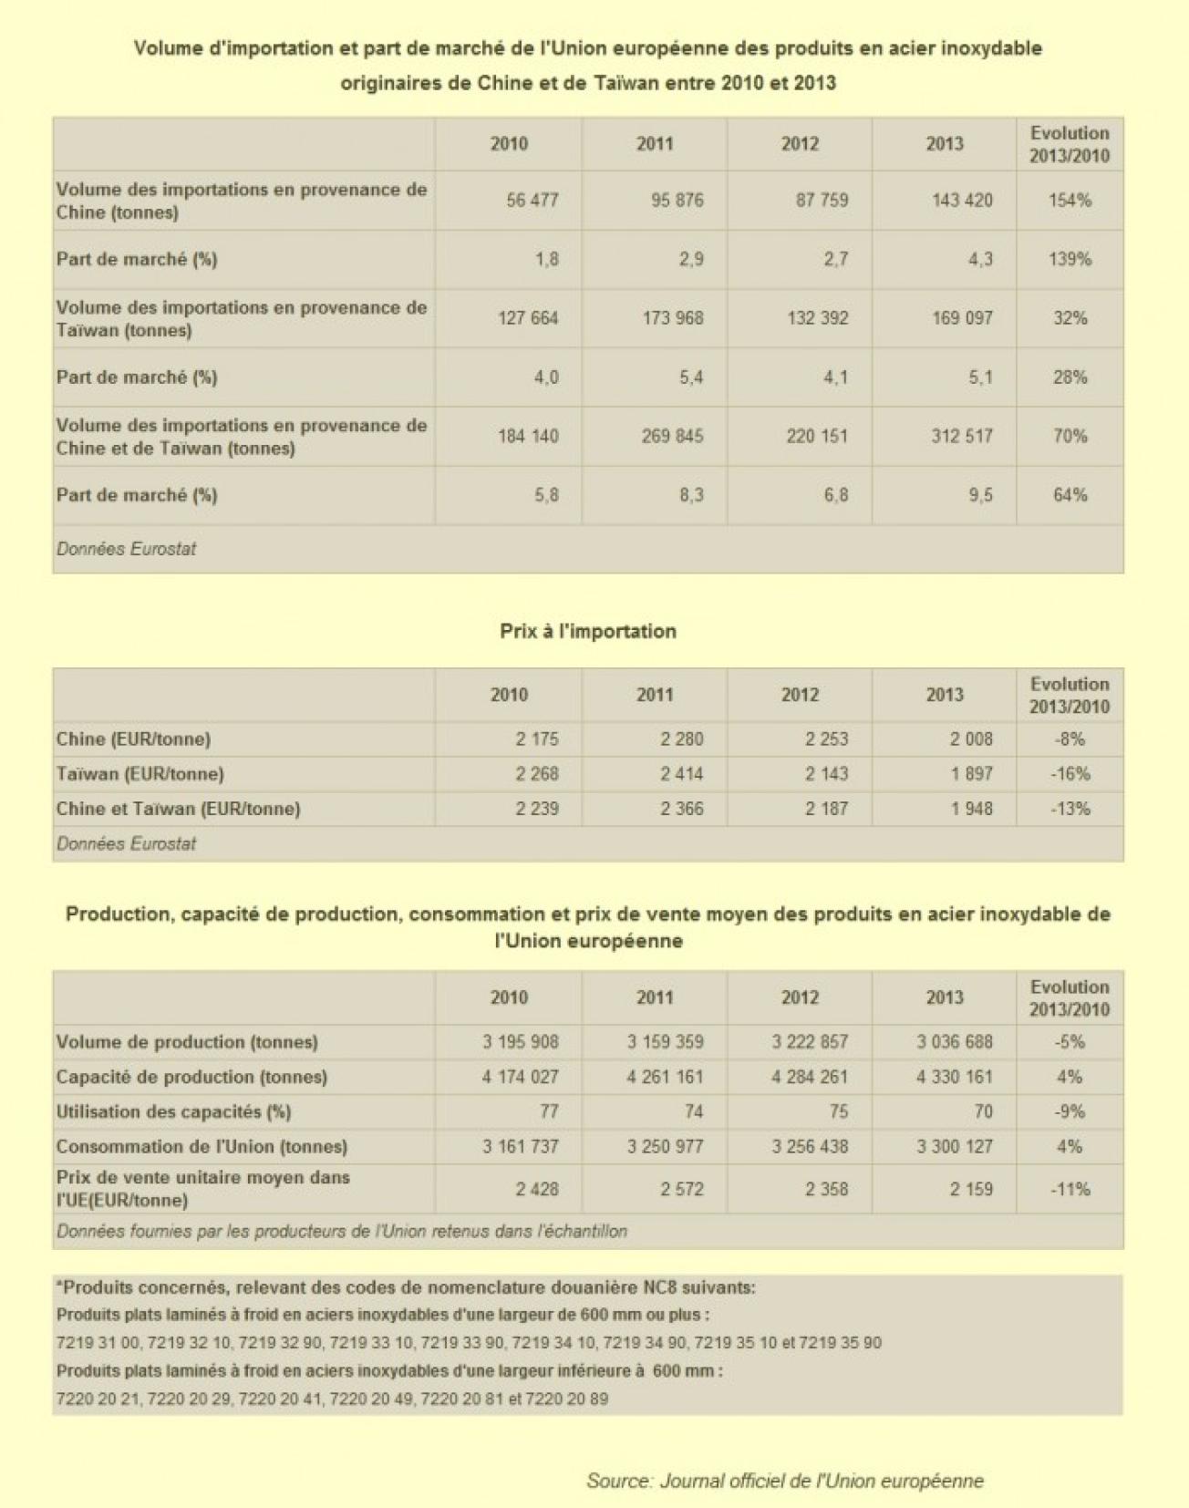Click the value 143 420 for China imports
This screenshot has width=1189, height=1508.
coord(961,201)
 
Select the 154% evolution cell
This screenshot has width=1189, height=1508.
coord(1069,201)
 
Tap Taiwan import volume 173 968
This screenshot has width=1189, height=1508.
coord(673,318)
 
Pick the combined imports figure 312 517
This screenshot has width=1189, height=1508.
coord(961,436)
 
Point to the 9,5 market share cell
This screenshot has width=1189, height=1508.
coord(980,495)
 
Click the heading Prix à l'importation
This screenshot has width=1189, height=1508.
coord(588,631)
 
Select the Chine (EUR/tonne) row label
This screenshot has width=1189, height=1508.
coord(133,739)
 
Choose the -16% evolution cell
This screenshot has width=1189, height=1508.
coord(1069,774)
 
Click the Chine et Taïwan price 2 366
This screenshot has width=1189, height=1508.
coord(681,809)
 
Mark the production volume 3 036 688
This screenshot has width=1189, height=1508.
coord(954,1041)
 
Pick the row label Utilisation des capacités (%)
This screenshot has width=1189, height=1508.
coord(173,1111)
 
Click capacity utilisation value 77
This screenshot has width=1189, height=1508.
coord(548,1111)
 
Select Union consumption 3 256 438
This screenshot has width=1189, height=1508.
coord(809,1146)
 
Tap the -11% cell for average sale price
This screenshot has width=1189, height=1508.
coord(1069,1189)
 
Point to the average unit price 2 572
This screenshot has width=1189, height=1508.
coord(681,1189)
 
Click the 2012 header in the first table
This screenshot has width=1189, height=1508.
coord(800,144)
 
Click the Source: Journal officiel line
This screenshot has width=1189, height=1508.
coord(784,1481)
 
